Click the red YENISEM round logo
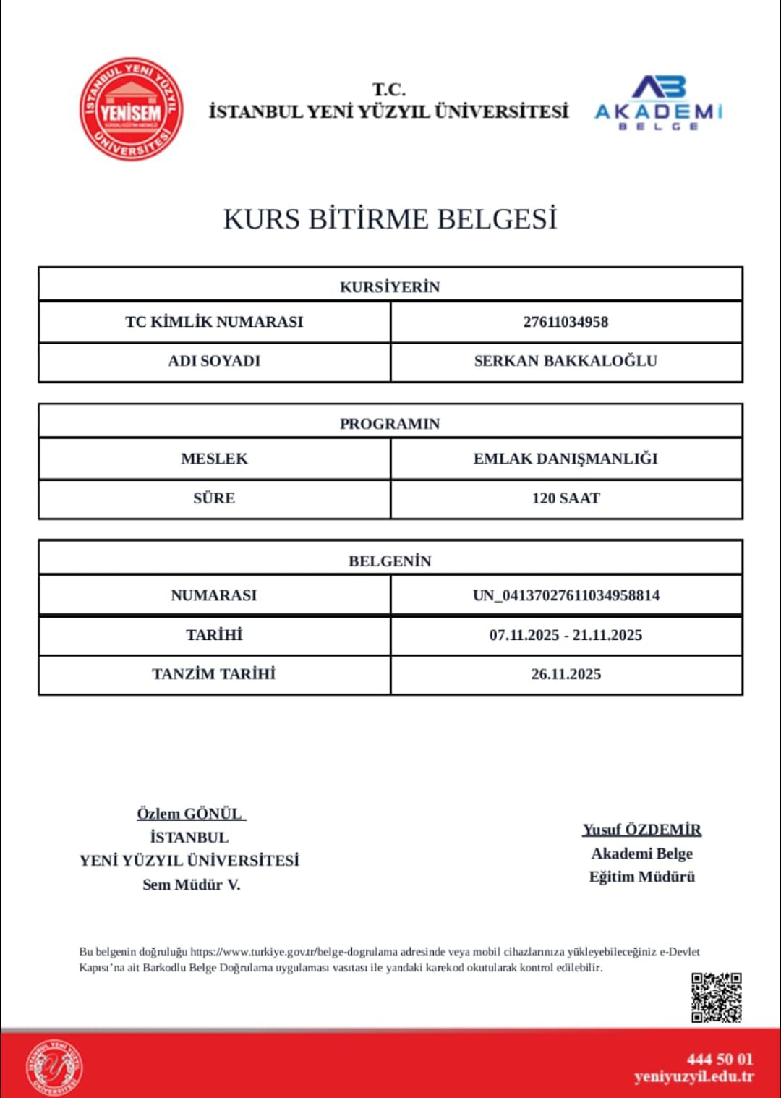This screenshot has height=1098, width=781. pos(131,110)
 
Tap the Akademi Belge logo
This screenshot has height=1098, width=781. pos(658,103)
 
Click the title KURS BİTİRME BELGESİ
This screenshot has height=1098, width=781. pos(390,219)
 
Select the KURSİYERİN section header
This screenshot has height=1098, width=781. pos(390,286)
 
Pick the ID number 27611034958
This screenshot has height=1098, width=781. pos(566,322)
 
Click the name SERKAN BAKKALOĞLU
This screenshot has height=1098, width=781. pos(566,361)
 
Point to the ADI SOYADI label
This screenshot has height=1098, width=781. pos(214,361)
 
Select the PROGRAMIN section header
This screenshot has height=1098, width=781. pos(390,423)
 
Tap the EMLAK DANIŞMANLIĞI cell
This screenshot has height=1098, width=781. pos(566,459)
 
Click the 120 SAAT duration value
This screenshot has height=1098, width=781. pos(566,498)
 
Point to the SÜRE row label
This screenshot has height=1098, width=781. pos(214,498)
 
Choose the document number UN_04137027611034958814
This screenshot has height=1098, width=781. pos(566,595)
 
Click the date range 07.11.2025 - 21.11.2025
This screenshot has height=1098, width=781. pos(566,635)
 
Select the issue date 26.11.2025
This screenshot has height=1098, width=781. pos(566,674)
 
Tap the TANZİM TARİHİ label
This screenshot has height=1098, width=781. pos(214,674)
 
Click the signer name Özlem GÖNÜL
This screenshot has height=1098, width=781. pos(190,814)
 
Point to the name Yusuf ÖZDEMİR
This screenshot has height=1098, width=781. pos(642,830)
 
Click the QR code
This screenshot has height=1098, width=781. pos(716,997)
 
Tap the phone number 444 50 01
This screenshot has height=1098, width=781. pos(720,1060)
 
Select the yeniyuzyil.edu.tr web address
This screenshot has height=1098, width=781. pos(693,1077)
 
